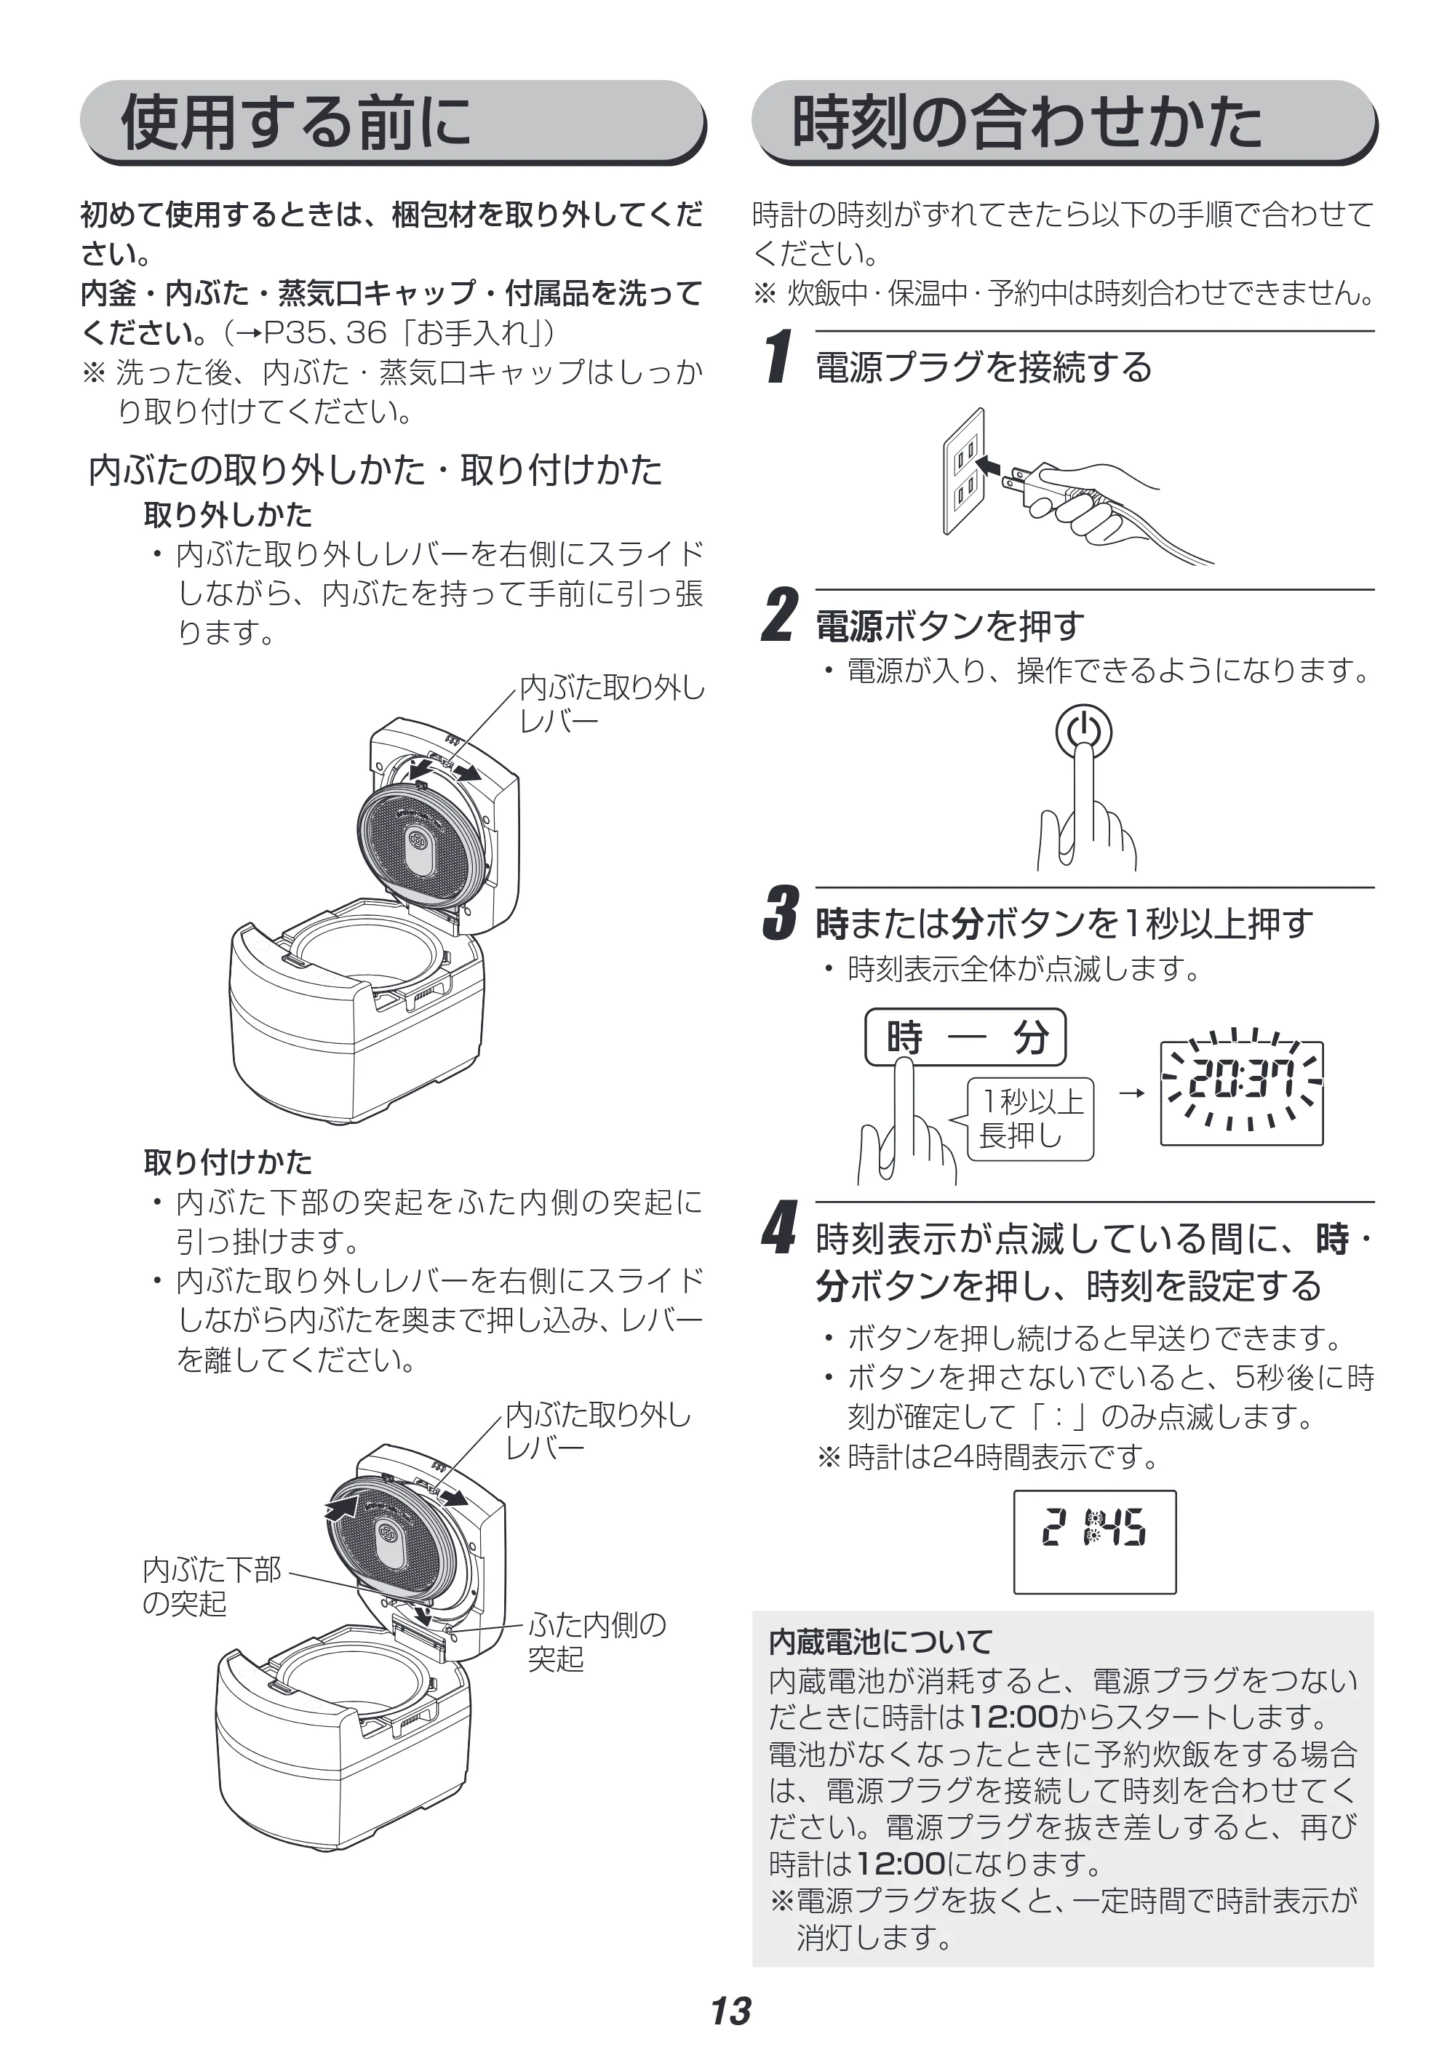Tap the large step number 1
(x=781, y=356)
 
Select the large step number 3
(x=779, y=913)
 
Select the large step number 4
(x=779, y=1228)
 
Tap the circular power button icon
(x=1083, y=732)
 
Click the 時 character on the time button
(x=904, y=1037)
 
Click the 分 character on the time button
(x=1031, y=1037)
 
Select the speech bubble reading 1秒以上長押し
(x=1027, y=1120)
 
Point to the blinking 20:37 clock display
(x=1242, y=1092)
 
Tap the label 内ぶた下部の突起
(x=212, y=1587)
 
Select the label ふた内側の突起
(x=597, y=1641)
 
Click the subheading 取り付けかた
(x=228, y=1162)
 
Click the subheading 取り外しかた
(x=228, y=514)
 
